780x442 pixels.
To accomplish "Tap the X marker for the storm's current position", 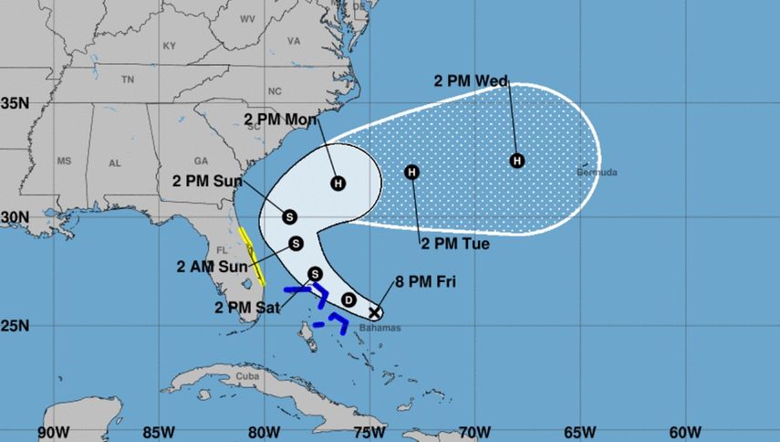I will pos(375,312).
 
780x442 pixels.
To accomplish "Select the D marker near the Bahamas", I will pos(348,300).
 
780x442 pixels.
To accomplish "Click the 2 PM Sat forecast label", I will pos(248,306).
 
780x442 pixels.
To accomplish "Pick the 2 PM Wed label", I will pos(472,81).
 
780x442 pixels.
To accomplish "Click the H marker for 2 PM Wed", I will pos(517,161).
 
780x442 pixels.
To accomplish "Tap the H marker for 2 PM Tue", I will pos(412,172).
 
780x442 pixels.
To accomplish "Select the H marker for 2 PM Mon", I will pos(338,183).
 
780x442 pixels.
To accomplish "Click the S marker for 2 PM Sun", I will pos(289,216).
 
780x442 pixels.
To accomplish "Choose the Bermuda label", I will pos(598,172).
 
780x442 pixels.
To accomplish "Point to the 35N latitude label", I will pos(16,103).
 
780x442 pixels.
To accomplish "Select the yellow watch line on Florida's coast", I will pos(253,255).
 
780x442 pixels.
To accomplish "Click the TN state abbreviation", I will pos(128,79).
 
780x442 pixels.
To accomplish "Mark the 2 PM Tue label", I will pos(454,244).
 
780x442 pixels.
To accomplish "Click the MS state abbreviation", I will pos(64,161).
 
